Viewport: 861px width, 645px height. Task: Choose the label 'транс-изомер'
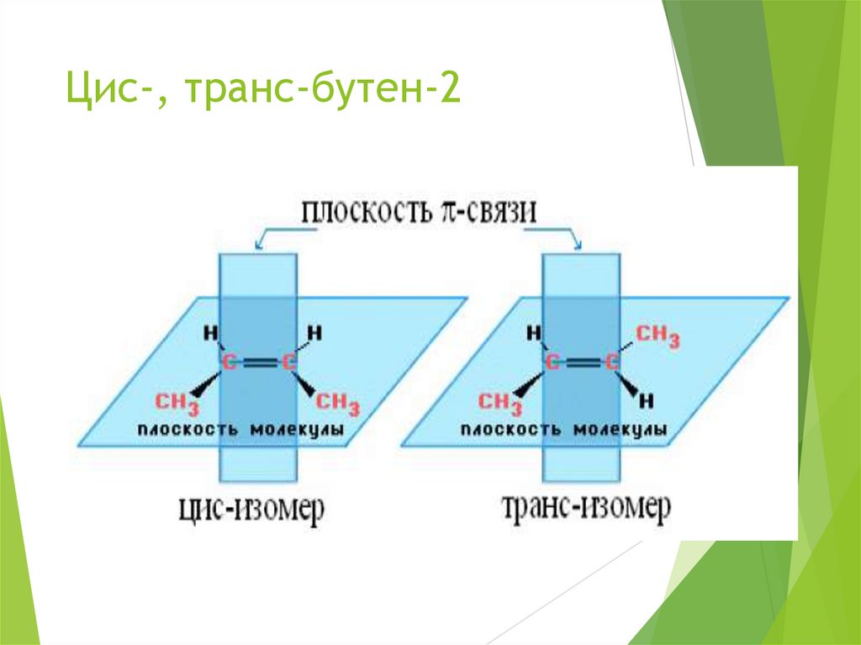585,507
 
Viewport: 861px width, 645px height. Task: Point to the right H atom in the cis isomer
314,333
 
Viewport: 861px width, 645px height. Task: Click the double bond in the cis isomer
258,363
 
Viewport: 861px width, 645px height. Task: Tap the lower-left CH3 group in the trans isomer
500,403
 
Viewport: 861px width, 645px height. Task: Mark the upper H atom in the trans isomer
532,333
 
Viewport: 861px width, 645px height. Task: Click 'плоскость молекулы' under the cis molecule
240,430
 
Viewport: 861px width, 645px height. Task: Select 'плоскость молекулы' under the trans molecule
564,430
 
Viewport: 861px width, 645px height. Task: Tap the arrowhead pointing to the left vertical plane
259,246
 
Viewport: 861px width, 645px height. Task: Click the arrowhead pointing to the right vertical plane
578,246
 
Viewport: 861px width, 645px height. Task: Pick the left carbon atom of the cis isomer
228,362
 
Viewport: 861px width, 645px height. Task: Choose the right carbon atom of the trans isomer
612,363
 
